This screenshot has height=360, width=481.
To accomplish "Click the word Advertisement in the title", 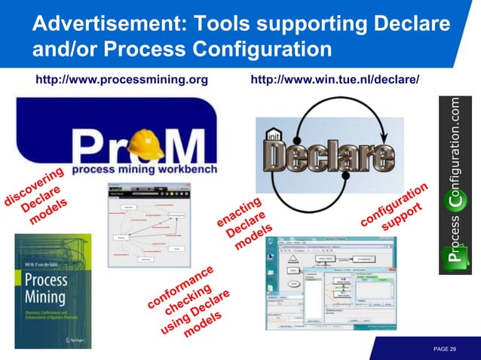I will (x=103, y=25).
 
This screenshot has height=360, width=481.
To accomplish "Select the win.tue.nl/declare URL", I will (x=334, y=79).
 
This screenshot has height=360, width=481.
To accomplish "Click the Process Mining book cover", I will (x=53, y=291).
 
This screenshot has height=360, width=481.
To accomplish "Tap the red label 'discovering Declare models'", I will (x=36, y=197).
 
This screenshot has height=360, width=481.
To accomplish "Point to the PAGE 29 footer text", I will (x=445, y=349).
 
